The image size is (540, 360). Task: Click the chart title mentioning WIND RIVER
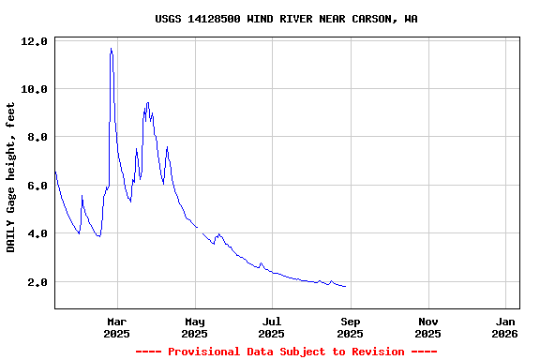(x=286, y=19)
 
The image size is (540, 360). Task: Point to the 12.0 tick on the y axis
(x=34, y=41)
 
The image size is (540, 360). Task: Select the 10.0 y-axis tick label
(x=34, y=89)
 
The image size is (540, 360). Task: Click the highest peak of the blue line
(x=111, y=49)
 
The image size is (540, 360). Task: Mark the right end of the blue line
(x=345, y=286)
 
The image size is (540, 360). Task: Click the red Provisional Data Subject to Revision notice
(x=286, y=352)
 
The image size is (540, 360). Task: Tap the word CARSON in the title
(x=372, y=19)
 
